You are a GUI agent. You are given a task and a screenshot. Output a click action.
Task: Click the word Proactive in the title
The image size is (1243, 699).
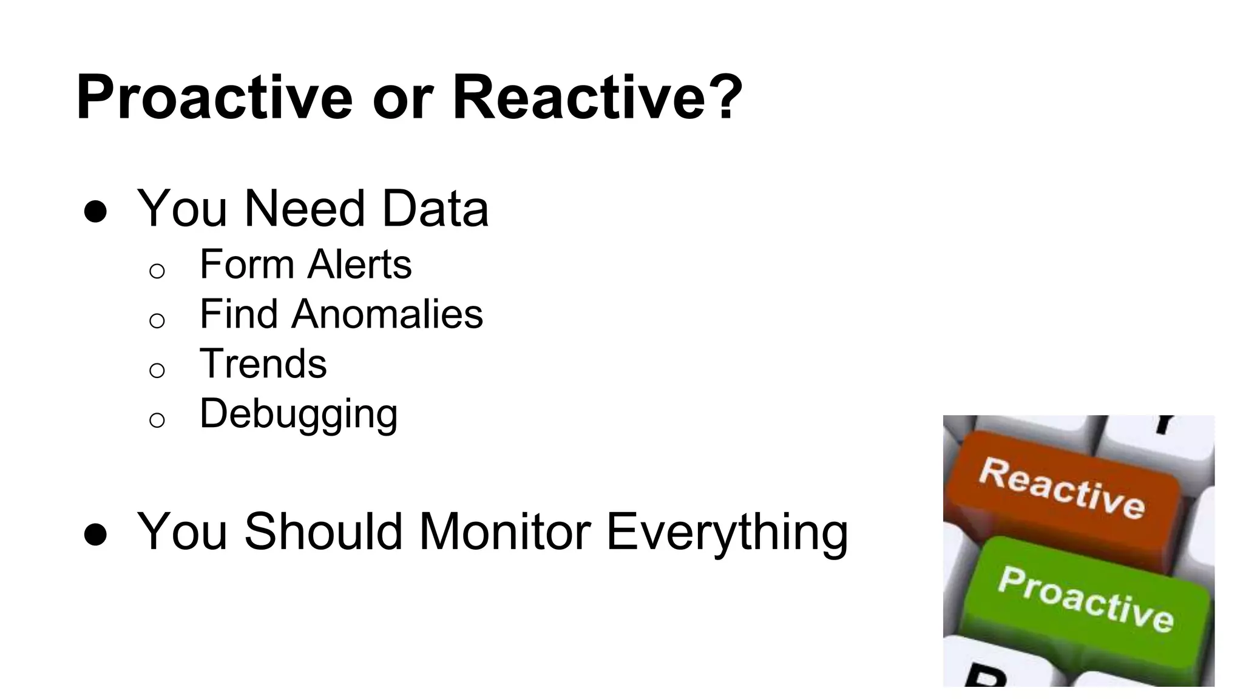click(x=214, y=97)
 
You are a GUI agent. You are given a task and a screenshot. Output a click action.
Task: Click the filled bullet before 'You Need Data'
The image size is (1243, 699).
click(x=96, y=212)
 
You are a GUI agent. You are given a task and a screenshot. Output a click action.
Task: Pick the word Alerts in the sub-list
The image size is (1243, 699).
click(x=359, y=265)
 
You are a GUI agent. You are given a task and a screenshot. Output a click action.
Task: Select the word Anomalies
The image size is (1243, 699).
click(x=387, y=314)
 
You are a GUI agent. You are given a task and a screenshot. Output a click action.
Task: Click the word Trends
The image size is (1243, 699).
click(x=263, y=364)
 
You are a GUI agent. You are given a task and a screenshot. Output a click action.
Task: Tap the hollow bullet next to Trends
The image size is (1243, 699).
click(x=157, y=370)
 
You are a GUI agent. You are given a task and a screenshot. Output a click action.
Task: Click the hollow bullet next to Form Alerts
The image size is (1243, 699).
click(x=157, y=270)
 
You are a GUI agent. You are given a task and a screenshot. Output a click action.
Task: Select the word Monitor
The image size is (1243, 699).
click(x=505, y=532)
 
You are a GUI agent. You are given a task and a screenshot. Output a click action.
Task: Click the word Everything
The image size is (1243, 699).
click(x=726, y=533)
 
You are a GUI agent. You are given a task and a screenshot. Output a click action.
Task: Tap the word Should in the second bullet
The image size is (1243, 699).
click(x=323, y=532)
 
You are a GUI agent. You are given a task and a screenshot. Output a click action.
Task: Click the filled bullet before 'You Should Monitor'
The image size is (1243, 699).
click(x=96, y=535)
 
